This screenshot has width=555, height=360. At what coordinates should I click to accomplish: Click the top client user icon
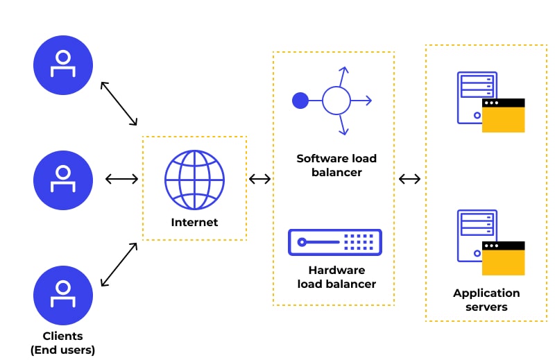pos(63,65)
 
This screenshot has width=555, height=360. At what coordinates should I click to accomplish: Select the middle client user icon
pos(63,180)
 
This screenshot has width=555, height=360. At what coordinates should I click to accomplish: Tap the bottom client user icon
pos(63,295)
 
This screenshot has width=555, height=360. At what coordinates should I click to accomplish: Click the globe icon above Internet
pos(194,180)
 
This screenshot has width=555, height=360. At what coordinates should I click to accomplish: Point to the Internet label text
pos(194,223)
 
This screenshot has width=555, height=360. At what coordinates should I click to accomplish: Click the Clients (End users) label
pos(63,343)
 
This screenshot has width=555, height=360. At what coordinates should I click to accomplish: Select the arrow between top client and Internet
pos(119,104)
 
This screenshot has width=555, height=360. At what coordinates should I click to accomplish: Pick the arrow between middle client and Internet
pos(122,180)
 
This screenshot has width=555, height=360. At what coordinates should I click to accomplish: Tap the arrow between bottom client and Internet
pos(119,265)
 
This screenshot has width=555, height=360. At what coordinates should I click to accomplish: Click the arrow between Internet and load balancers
pos(260,180)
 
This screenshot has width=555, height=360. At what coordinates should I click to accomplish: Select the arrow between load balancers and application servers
pos(410,180)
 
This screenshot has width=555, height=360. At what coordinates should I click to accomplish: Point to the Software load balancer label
pos(336,165)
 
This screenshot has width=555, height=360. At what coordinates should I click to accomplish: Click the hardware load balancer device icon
pos(335,242)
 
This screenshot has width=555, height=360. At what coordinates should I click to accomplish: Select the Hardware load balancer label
pos(336,277)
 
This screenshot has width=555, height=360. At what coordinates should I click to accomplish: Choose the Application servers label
pos(486,300)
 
